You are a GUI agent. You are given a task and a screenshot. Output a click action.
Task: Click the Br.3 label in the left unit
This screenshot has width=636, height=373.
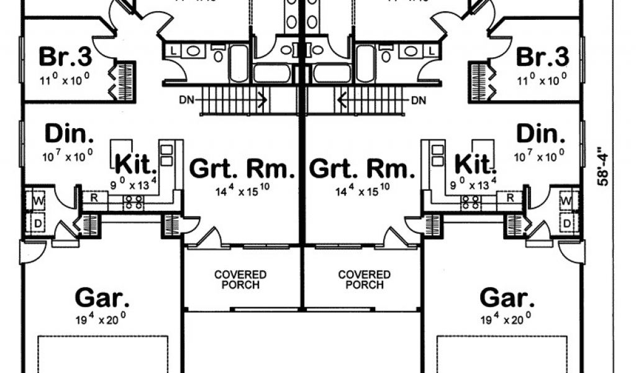point(65,57)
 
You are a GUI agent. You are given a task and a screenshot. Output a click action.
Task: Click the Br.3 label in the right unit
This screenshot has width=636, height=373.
point(542,57)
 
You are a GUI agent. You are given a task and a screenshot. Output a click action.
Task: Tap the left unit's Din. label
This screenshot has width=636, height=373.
point(69,134)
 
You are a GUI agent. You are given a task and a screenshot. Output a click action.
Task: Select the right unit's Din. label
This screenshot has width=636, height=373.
point(541,134)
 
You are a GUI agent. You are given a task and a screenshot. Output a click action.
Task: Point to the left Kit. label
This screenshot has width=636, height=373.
point(136,165)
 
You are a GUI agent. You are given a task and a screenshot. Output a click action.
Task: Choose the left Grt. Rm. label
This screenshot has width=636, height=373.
point(242,168)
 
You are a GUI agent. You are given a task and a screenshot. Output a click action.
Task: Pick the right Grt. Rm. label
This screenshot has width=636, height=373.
point(361,168)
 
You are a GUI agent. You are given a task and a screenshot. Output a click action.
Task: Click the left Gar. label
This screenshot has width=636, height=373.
point(102,297)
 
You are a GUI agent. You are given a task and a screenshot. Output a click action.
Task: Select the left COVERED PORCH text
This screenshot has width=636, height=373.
point(240,279)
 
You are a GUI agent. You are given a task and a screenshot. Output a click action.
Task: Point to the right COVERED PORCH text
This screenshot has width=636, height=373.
point(364,279)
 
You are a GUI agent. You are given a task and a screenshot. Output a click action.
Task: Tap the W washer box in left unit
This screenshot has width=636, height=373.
point(37,201)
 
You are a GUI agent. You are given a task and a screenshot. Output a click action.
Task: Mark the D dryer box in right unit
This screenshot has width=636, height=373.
point(567,223)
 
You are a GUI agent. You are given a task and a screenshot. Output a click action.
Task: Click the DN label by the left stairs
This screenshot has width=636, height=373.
point(185,99)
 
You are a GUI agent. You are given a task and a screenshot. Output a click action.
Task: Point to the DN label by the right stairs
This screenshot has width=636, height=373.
point(419,99)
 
